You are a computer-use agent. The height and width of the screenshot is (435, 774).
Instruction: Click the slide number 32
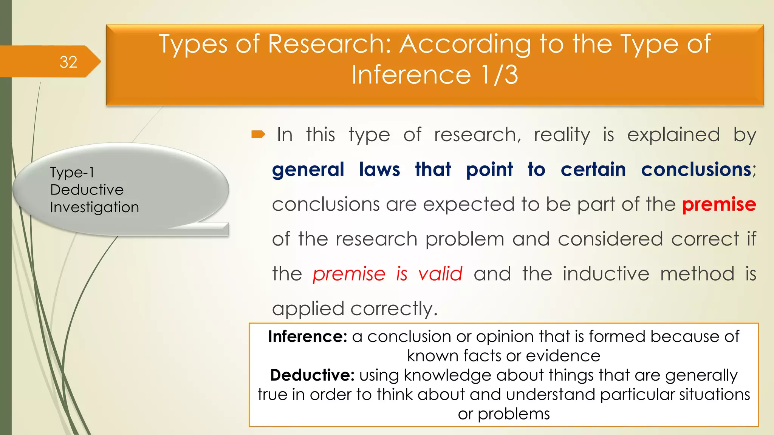(68, 62)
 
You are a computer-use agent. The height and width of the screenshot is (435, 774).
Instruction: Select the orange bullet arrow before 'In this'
(259, 134)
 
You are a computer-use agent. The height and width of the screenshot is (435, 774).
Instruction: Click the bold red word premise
(719, 204)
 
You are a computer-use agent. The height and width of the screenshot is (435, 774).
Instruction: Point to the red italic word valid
(440, 274)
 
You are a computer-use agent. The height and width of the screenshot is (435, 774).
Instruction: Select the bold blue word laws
(379, 169)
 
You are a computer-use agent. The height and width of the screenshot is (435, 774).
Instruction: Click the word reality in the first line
(562, 135)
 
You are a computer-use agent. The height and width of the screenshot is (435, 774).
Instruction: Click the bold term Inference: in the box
(308, 336)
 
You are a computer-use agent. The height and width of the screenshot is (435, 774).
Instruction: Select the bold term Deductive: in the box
(312, 375)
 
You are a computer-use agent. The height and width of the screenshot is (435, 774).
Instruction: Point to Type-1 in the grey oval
(72, 173)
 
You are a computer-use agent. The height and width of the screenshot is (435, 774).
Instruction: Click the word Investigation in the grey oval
(94, 207)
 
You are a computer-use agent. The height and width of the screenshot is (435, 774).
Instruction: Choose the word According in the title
(465, 45)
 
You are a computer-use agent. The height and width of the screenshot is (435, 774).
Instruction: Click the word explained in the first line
(673, 135)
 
